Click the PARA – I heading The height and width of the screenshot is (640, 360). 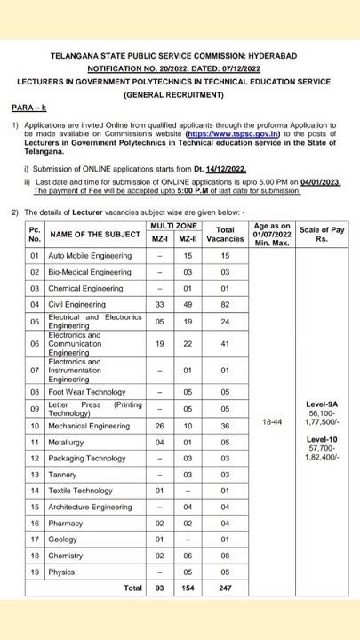[x=29, y=108]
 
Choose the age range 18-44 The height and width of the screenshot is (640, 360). [x=272, y=421]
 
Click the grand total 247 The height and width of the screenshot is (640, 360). [x=225, y=588]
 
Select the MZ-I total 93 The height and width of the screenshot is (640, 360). [x=159, y=588]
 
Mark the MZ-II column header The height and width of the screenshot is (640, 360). [x=188, y=239]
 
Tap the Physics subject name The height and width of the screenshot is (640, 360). [x=61, y=572]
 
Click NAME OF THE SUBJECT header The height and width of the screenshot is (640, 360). [x=95, y=234]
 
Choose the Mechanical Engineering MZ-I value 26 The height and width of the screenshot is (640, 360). [x=159, y=426]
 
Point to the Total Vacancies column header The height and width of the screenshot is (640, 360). [x=225, y=234]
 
